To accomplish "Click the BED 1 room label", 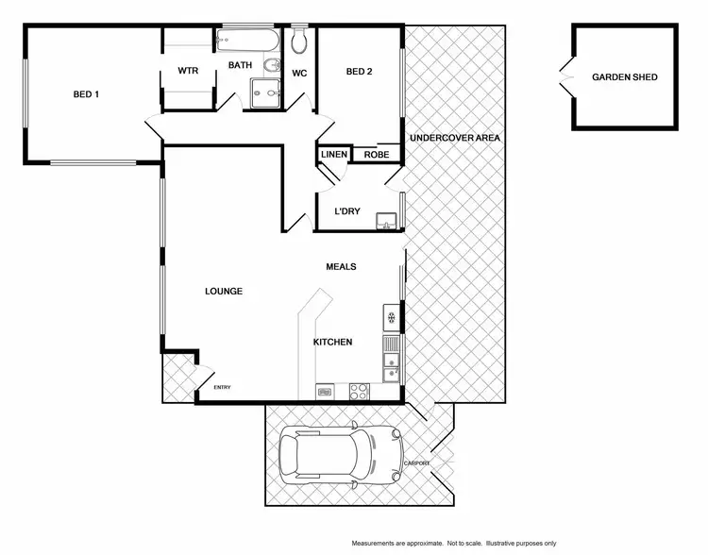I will [x=87, y=93].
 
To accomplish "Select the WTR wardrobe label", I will [x=187, y=72].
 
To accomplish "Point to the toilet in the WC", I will [x=301, y=40].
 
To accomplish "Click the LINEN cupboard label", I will [x=334, y=155].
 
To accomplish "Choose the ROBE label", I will [x=377, y=155].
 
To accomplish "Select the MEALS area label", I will [x=341, y=267].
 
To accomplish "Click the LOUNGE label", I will [x=224, y=292].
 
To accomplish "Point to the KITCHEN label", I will [x=333, y=342].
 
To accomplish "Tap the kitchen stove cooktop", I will [x=360, y=389].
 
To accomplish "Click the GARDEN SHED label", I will [x=624, y=77].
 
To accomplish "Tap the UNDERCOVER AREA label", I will [x=454, y=139].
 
